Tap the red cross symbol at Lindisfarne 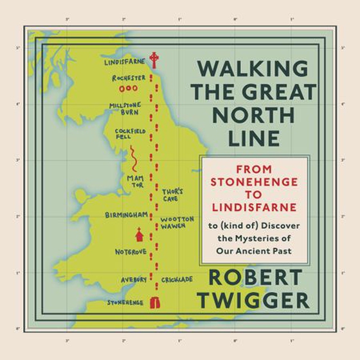click(x=154, y=60)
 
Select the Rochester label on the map click(x=128, y=78)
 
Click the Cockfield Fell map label click(x=125, y=134)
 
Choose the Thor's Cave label click(x=173, y=194)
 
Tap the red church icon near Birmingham click(x=138, y=234)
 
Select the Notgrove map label click(x=130, y=251)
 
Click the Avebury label click(x=134, y=280)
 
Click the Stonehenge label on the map click(x=125, y=301)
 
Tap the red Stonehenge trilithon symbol click(x=154, y=302)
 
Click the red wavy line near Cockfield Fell click(x=133, y=157)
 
